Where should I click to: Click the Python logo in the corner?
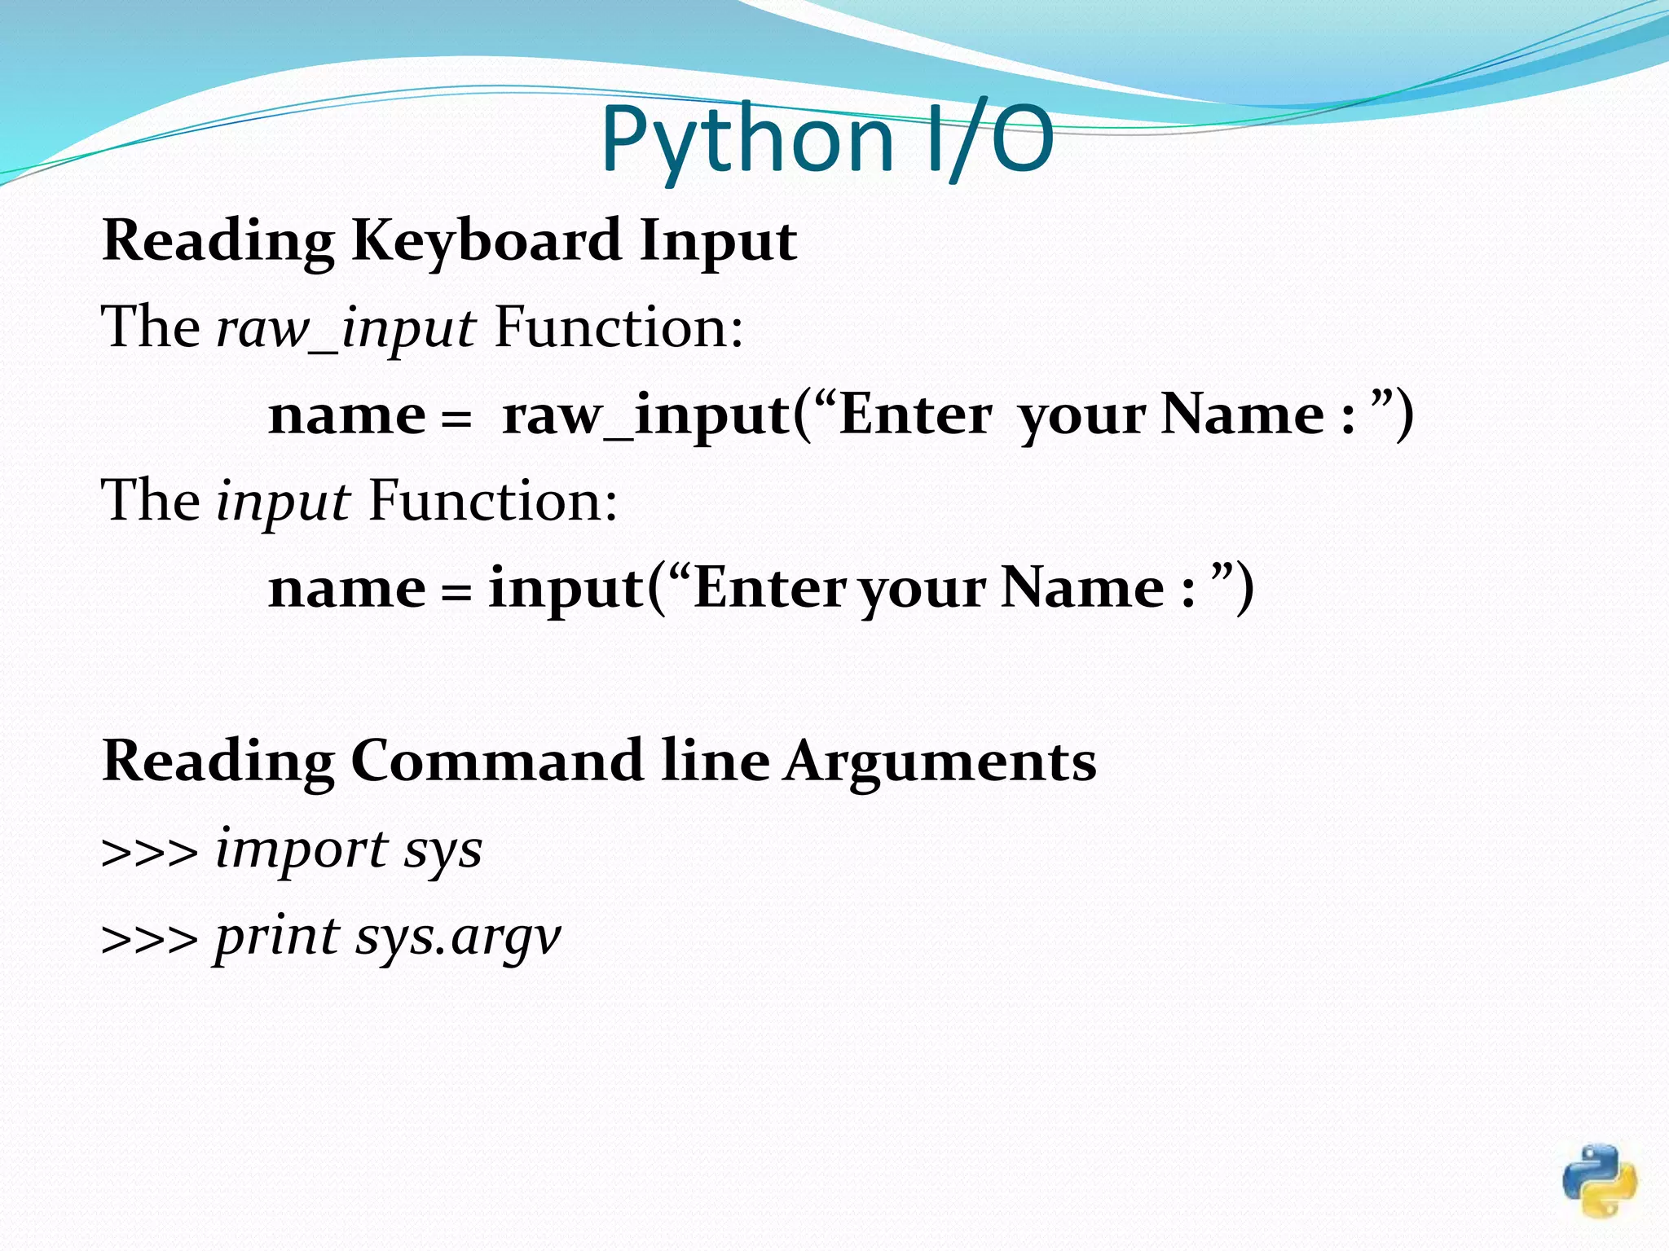1600,1181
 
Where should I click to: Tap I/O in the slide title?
991,139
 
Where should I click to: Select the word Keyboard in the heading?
486,242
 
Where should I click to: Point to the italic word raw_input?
346,329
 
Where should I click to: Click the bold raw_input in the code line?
646,415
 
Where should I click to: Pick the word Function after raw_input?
619,327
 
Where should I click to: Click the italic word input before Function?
283,502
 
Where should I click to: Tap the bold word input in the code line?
566,588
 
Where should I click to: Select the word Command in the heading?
497,761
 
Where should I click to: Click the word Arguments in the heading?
940,762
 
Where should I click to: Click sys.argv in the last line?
458,937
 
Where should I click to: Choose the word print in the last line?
276,937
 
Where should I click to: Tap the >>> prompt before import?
149,852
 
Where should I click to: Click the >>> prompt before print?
149,939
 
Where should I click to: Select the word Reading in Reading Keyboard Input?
218,242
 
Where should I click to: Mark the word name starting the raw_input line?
347,415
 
